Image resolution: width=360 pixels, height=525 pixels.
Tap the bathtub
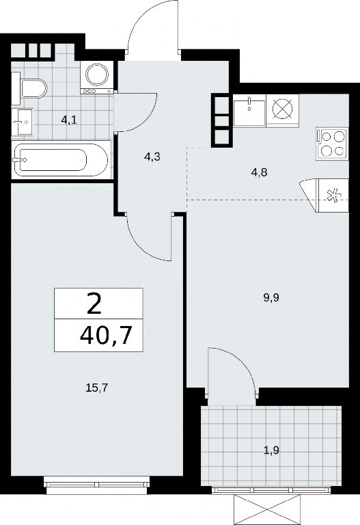point(60,159)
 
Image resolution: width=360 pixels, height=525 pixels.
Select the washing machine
point(97,78)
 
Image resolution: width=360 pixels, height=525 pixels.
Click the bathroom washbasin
point(23,122)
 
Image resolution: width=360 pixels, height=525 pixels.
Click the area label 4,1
point(69,120)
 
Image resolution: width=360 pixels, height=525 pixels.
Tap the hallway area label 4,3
point(152,157)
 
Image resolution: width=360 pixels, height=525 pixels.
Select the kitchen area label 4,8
point(260,173)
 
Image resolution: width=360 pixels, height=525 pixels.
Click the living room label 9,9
point(271,297)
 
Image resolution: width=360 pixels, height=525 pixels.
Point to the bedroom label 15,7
point(98,388)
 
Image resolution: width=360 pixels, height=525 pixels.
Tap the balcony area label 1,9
point(271,450)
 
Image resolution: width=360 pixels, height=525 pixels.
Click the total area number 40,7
point(105,335)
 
